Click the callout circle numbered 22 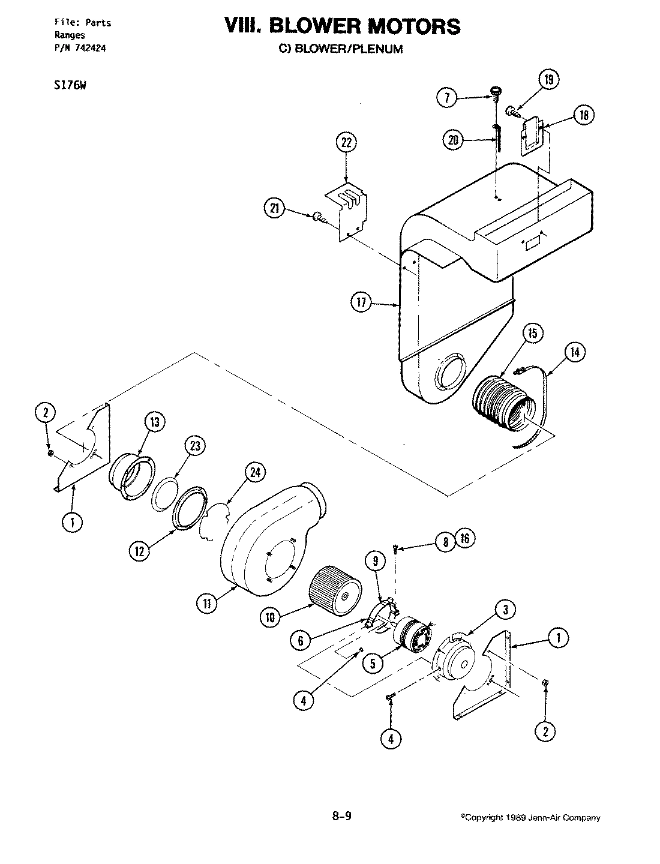[347, 143]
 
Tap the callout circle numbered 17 [361, 304]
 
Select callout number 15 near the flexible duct [533, 334]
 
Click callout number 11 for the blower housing [206, 604]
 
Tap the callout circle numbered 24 [254, 473]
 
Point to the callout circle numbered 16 [464, 538]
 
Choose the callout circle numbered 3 [506, 611]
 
